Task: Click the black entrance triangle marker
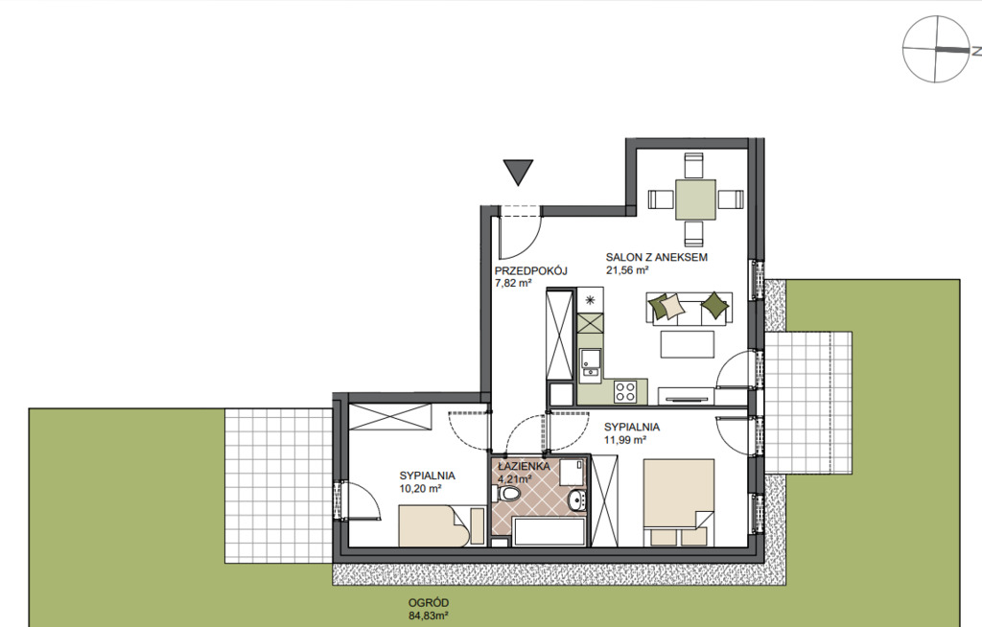click(x=518, y=171)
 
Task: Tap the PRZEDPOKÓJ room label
click(x=530, y=271)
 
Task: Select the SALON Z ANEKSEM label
click(x=656, y=257)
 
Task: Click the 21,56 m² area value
click(x=626, y=270)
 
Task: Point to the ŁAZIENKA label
click(x=525, y=467)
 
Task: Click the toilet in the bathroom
click(x=507, y=495)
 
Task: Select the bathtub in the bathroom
click(x=549, y=532)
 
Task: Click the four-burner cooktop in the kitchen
click(x=625, y=391)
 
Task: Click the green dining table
click(x=695, y=199)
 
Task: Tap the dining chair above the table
click(x=694, y=165)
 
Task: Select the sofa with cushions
click(x=689, y=308)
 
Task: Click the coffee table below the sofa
click(x=687, y=344)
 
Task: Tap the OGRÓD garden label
click(x=429, y=603)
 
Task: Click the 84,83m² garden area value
click(x=429, y=616)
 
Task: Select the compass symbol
click(x=936, y=49)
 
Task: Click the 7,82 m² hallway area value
click(x=513, y=283)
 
